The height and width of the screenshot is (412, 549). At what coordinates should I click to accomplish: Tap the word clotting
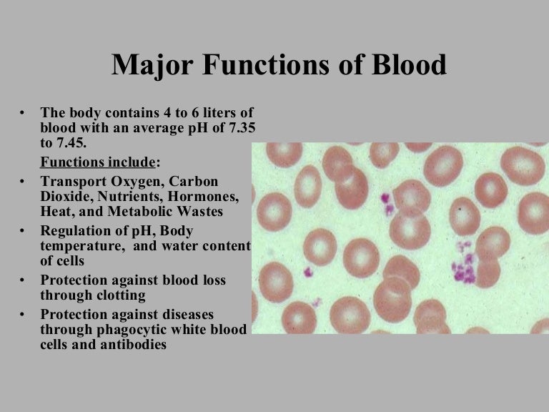[x=122, y=295]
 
